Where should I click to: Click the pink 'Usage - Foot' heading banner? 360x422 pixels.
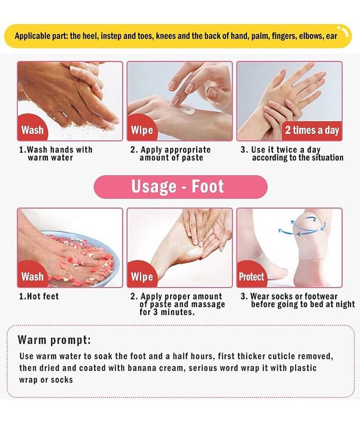[180, 187]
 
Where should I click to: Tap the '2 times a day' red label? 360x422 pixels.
[312, 131]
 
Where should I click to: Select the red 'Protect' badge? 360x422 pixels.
[251, 276]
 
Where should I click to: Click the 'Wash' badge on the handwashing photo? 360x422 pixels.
[33, 130]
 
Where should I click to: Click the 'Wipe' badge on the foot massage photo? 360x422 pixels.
[142, 276]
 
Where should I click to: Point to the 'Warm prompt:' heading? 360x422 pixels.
[54, 340]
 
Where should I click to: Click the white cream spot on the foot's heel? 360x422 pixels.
[193, 252]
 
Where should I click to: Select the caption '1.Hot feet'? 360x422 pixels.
[38, 296]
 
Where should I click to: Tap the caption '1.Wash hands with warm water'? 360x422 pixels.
[56, 154]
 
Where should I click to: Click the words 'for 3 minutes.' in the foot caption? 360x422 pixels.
[167, 312]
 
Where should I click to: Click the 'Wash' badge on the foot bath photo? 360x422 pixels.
[33, 276]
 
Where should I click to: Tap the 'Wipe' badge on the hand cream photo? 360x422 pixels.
[142, 130]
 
